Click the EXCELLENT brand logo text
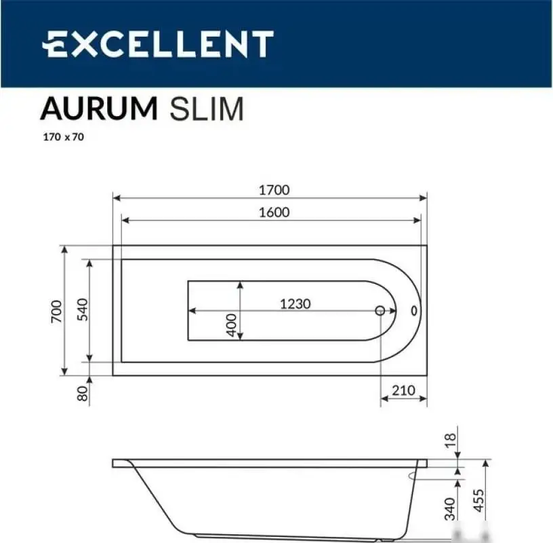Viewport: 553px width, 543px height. pos(157,44)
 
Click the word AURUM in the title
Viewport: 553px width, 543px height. pos(99,109)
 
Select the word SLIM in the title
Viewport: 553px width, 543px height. pos(206,109)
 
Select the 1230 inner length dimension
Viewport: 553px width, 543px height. pos(295,303)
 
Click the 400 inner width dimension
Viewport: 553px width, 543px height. pos(232,325)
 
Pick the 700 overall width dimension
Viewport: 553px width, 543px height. pos(57,310)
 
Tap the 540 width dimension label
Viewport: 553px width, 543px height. pos(81,310)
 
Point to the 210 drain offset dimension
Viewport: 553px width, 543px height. pos(403,390)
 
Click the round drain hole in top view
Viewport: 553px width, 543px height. pos(380,310)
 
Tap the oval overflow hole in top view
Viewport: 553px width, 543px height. pos(414,310)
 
